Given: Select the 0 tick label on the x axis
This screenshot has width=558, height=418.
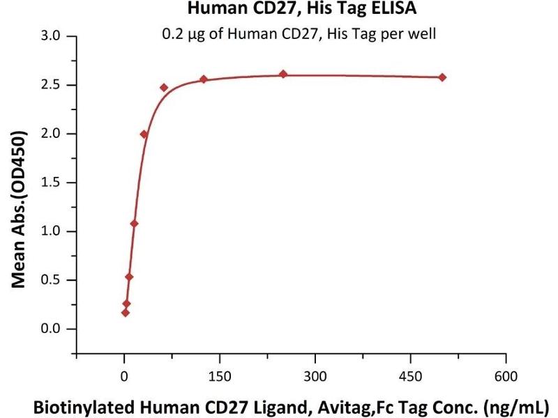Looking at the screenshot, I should coord(124,376).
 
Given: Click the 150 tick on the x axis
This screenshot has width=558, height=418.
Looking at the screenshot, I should coord(220,376).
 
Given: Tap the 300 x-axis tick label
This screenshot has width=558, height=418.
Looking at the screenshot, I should coord(315,376).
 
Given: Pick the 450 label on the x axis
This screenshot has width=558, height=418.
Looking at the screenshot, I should coord(410,376).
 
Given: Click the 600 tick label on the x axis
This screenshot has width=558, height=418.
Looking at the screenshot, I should coord(506,376).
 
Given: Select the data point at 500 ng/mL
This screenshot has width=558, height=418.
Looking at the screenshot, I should coord(442,77).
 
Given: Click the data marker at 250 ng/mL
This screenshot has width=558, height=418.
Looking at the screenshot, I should coord(283,74).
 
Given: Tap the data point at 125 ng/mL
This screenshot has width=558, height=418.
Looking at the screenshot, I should coord(204,79).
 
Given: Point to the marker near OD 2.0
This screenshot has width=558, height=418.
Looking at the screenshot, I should coord(144,134).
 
